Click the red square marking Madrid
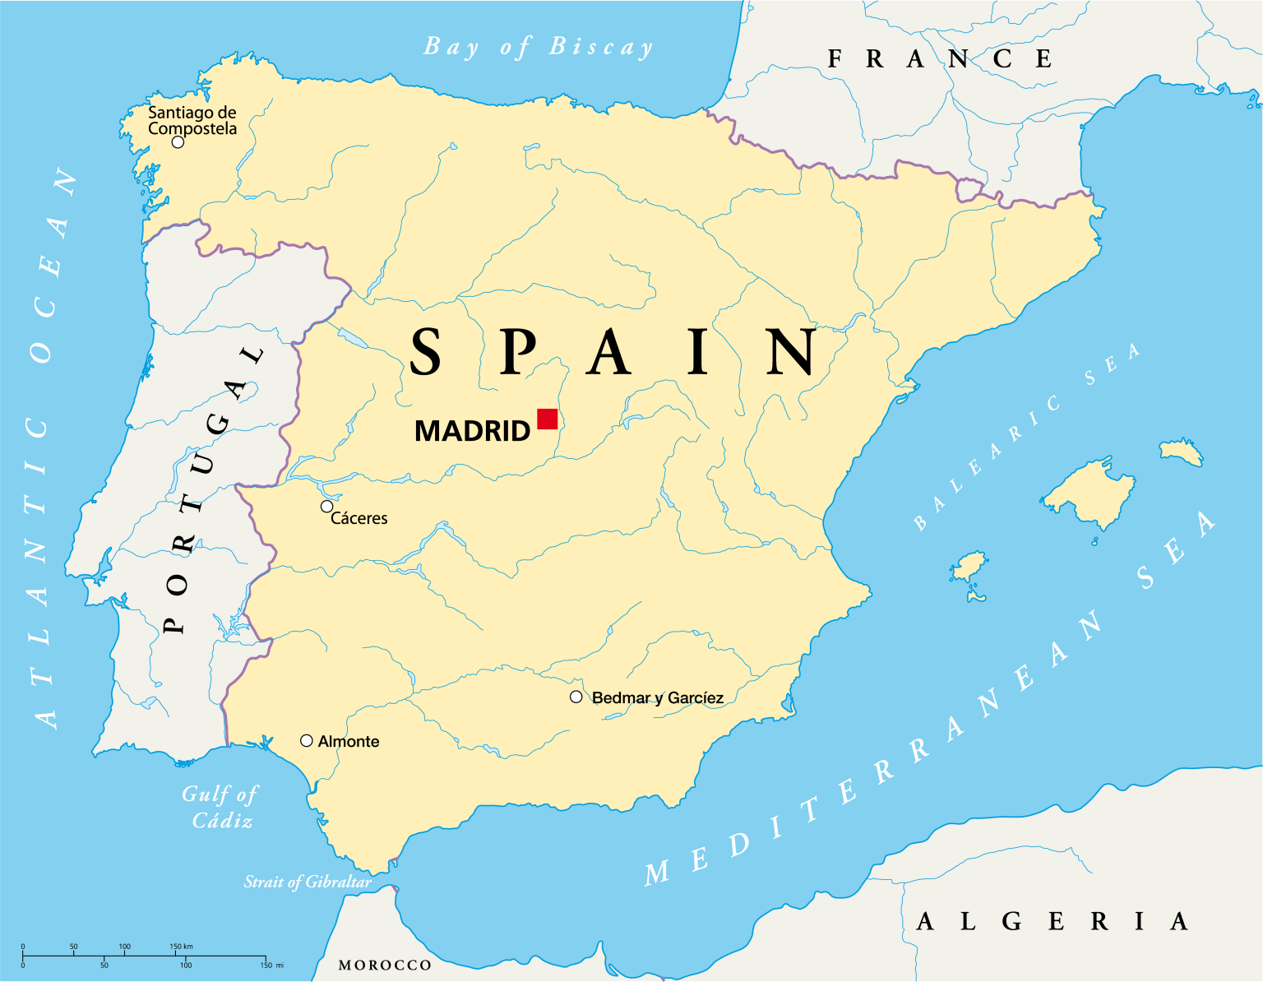click(x=547, y=419)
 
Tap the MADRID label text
click(x=472, y=431)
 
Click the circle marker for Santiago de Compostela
click(x=178, y=142)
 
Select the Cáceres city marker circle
click(x=326, y=507)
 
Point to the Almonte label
click(x=349, y=742)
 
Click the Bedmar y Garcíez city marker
click(x=576, y=697)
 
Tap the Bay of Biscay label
click(x=539, y=47)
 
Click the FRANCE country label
click(x=939, y=59)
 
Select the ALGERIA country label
click(x=1052, y=921)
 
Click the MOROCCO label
click(x=385, y=966)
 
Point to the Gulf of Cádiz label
click(x=220, y=807)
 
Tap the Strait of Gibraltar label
click(x=308, y=882)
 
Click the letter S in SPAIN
click(x=425, y=352)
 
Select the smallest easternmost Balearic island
click(x=1182, y=451)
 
